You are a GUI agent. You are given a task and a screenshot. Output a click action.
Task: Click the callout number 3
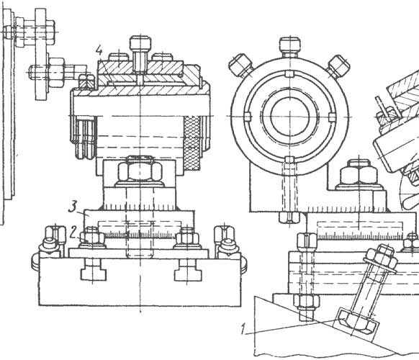(x=73, y=207)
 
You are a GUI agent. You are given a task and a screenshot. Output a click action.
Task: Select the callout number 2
(x=73, y=231)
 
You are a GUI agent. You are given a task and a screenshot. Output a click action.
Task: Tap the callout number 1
(x=243, y=329)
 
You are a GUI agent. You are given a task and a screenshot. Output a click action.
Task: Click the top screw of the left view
(x=140, y=54)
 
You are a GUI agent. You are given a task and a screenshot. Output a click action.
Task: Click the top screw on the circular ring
(x=290, y=48)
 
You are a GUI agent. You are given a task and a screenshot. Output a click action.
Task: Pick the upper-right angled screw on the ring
(x=338, y=66)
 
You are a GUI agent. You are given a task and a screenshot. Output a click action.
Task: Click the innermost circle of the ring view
(x=290, y=116)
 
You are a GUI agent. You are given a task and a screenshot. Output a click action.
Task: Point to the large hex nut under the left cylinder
(x=140, y=171)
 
